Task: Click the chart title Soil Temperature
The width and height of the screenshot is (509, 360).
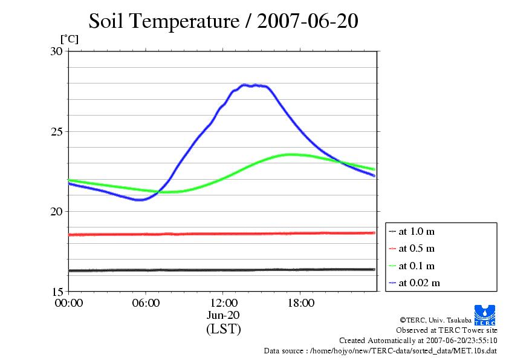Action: click(224, 21)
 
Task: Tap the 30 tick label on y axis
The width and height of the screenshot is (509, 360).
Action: click(56, 51)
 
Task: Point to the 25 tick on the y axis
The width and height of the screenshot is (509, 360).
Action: click(56, 131)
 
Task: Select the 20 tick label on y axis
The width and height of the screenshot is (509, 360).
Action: click(56, 211)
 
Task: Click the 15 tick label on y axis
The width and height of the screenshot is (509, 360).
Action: click(56, 291)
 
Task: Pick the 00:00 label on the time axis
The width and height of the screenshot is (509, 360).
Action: click(68, 303)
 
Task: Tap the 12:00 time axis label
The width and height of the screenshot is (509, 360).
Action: click(223, 303)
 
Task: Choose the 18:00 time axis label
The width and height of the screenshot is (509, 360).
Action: click(300, 303)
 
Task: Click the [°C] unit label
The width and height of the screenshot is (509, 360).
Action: click(68, 39)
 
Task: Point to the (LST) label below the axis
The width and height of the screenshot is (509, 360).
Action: click(223, 329)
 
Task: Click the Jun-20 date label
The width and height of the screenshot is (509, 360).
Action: click(223, 315)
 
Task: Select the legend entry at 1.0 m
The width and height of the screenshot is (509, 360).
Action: click(417, 231)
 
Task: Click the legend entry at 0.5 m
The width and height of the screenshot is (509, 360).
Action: click(417, 248)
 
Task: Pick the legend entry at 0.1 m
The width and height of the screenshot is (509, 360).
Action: click(417, 266)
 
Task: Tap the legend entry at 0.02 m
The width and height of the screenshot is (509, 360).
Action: click(419, 283)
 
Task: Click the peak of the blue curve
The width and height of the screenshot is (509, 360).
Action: click(245, 85)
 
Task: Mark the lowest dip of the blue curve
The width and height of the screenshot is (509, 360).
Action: click(140, 200)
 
